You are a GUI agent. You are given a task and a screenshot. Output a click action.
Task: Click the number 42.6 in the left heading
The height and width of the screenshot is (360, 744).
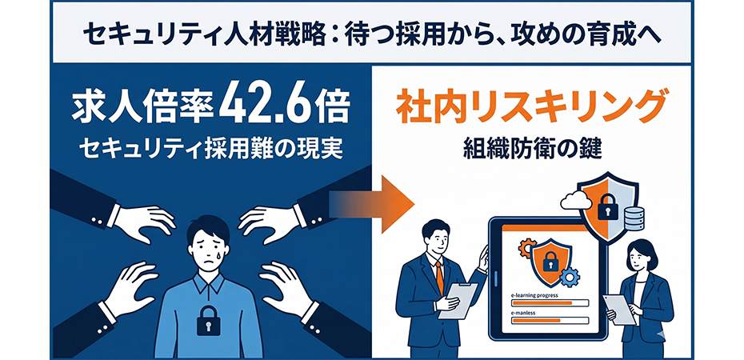point(274,104)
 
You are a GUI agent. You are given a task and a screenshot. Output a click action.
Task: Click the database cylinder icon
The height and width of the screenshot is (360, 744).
point(634,218)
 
